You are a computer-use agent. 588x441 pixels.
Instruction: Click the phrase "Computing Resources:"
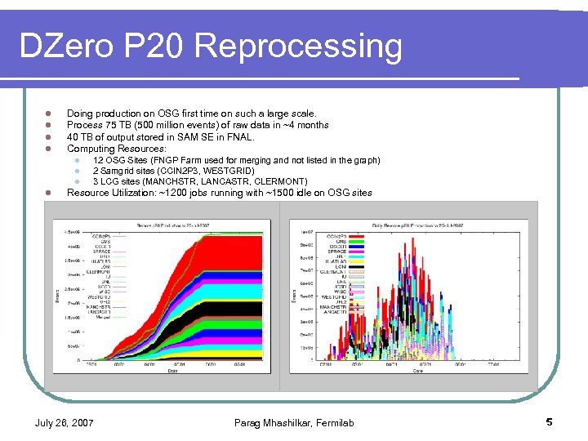[116, 149]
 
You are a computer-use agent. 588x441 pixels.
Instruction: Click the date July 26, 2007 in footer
[64, 422]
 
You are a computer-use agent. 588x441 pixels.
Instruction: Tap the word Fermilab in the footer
[334, 422]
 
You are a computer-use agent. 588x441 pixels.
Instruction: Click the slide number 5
[549, 422]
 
